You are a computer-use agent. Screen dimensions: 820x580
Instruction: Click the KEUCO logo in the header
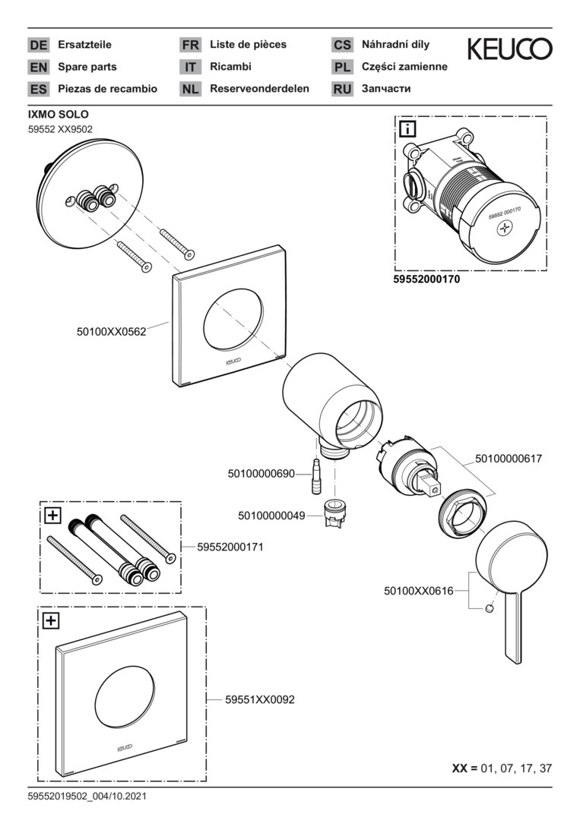click(509, 49)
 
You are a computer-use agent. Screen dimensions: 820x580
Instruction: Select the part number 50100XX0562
click(111, 331)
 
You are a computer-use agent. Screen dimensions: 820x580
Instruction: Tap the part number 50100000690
click(261, 474)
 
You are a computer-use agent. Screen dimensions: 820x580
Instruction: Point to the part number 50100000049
click(271, 516)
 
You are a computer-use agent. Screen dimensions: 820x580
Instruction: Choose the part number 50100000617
click(509, 459)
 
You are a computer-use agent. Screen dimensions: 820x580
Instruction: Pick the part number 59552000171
click(230, 546)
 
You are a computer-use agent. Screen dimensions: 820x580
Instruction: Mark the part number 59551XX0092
click(260, 700)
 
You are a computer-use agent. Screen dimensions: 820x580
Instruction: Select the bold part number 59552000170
click(427, 279)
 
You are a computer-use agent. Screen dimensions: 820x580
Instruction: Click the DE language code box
click(38, 45)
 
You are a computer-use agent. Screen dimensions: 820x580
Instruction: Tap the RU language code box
click(342, 89)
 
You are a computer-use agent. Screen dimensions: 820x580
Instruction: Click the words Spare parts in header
click(87, 67)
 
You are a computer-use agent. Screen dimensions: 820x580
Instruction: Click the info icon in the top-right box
click(407, 129)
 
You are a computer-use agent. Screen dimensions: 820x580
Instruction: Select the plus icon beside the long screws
click(52, 516)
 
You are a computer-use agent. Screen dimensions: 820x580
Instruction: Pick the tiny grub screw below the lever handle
click(490, 608)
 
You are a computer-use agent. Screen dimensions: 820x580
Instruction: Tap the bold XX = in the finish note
click(464, 768)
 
